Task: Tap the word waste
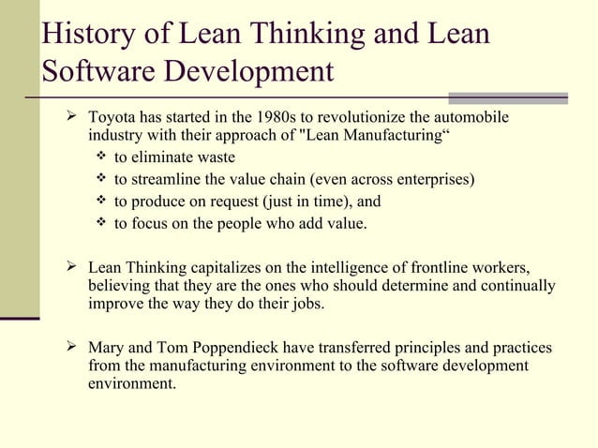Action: pyautogui.click(x=216, y=157)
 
